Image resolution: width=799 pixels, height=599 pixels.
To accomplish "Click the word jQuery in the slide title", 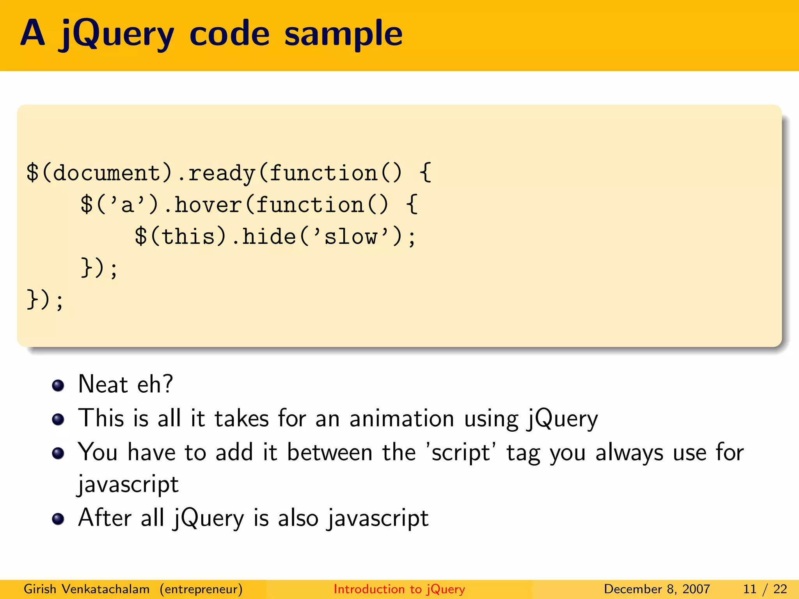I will (x=116, y=34).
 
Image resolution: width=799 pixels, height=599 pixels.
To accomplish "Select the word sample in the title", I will (x=343, y=34).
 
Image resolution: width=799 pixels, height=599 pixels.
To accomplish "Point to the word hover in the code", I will (x=208, y=205).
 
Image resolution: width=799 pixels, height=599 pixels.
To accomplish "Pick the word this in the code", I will (x=188, y=237).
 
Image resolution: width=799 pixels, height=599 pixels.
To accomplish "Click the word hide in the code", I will (x=269, y=237).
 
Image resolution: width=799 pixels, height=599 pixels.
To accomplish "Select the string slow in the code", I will (x=351, y=237).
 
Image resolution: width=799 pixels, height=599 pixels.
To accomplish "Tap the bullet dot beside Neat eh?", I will (x=58, y=385).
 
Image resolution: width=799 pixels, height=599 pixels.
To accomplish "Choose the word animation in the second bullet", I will (x=402, y=418).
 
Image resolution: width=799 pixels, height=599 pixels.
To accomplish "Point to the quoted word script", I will (x=460, y=453).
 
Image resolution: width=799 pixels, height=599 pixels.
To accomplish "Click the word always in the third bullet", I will (x=629, y=453).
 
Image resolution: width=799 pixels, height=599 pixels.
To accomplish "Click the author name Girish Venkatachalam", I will (x=87, y=589).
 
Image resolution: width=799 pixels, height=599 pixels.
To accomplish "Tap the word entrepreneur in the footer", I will (x=201, y=589).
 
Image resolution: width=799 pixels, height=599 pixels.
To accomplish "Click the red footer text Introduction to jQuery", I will (x=399, y=589).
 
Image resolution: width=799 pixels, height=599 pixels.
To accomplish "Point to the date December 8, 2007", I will (x=657, y=589).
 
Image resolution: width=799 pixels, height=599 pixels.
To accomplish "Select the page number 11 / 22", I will (x=765, y=589).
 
